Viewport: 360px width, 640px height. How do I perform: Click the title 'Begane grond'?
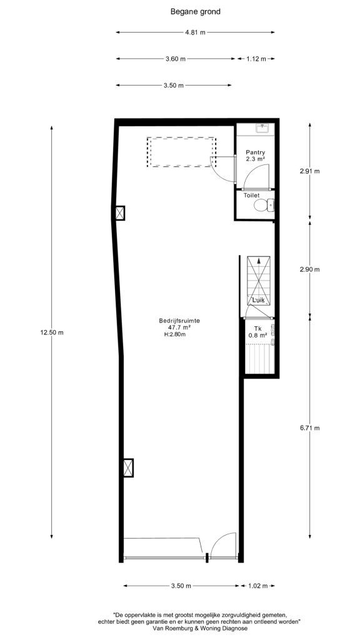click(195, 12)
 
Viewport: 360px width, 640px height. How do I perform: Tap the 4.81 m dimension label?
click(195, 32)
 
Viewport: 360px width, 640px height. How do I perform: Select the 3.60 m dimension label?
click(176, 59)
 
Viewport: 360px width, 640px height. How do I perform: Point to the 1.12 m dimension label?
click(256, 59)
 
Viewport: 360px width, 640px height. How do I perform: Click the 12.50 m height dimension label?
click(52, 332)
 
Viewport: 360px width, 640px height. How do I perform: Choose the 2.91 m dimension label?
click(309, 171)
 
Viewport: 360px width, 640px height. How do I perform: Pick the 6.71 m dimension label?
click(309, 427)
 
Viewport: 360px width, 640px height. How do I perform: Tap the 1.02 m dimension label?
click(257, 586)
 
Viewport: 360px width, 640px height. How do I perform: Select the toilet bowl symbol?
click(264, 205)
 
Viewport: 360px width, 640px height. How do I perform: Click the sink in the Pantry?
click(262, 128)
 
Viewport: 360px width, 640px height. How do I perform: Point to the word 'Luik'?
click(259, 301)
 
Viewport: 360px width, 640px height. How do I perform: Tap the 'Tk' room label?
click(257, 329)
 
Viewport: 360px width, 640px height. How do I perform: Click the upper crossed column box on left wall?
click(120, 213)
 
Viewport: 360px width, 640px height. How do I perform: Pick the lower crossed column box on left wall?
click(128, 467)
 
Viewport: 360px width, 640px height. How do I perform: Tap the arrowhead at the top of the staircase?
click(258, 260)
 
